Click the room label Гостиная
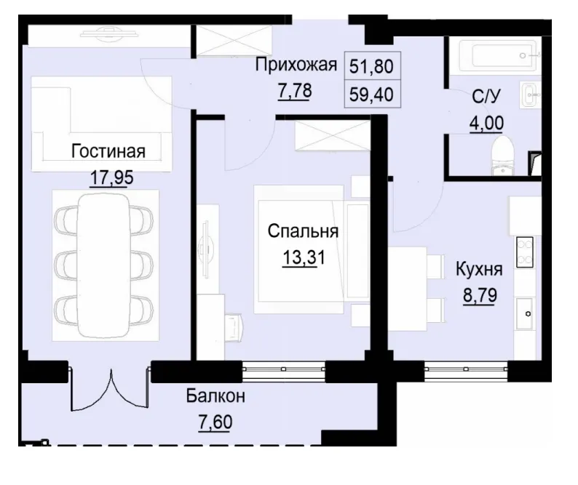[x=108, y=151]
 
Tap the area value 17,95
[x=108, y=177]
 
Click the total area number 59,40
[x=371, y=93]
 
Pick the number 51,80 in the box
[x=371, y=67]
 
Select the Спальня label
[x=304, y=232]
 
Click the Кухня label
[x=478, y=270]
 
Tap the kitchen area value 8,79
[x=478, y=296]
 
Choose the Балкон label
[x=215, y=397]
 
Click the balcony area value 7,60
[x=215, y=422]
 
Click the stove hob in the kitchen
[x=524, y=252]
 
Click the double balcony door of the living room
[x=110, y=389]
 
